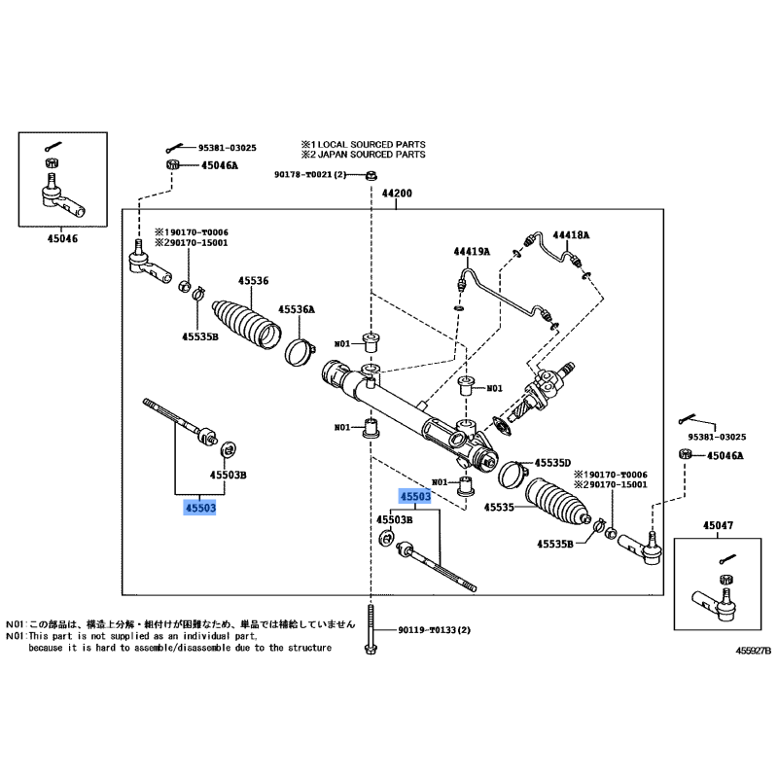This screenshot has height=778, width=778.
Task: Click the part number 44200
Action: click(396, 194)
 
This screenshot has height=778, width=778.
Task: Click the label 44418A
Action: click(571, 235)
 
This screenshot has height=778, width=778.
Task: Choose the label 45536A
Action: click(298, 310)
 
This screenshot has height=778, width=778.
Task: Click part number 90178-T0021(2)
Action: click(309, 175)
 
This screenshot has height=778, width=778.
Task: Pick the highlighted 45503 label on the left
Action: click(198, 508)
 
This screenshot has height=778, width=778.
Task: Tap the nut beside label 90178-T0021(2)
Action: click(372, 176)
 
